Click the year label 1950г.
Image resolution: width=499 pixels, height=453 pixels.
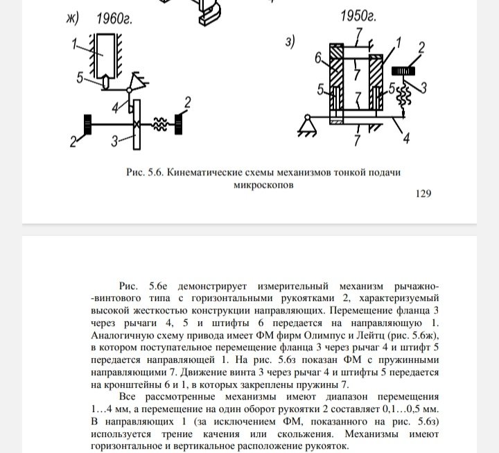click(x=359, y=17)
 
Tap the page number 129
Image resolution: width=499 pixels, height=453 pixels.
click(x=423, y=194)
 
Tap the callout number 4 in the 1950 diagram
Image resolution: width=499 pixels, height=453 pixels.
click(x=405, y=138)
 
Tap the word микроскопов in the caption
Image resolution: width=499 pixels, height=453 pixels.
click(x=259, y=185)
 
